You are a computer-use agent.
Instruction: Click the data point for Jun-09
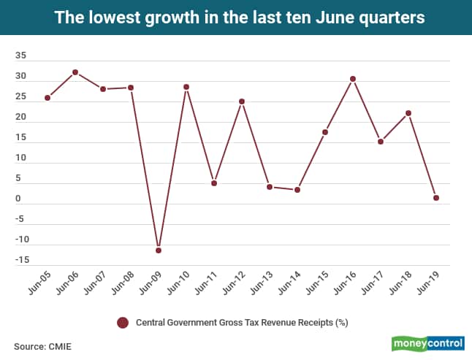pos(159,250)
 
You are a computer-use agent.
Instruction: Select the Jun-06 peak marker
pos(75,72)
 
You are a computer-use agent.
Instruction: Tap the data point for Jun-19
pos(436,198)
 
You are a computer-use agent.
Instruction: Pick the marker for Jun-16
pos(353,79)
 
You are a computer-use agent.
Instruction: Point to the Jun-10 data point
pos(186,87)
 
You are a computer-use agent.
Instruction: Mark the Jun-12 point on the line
pos(242,102)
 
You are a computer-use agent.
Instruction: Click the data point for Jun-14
pos(297,190)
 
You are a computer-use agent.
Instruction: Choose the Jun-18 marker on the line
pos(408,113)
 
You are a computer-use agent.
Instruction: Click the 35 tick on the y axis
pos(20,56)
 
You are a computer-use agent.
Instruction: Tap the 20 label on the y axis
pos(20,118)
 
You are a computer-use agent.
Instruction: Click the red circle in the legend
pos(123,322)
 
